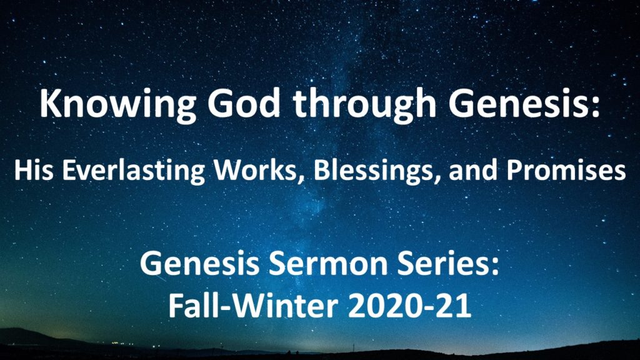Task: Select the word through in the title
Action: point(364,105)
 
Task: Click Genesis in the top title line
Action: point(518,104)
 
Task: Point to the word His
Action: point(34,170)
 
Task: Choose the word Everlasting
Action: point(134,171)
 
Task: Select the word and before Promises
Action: point(473,170)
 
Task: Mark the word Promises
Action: point(566,170)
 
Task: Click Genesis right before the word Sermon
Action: point(199,263)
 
